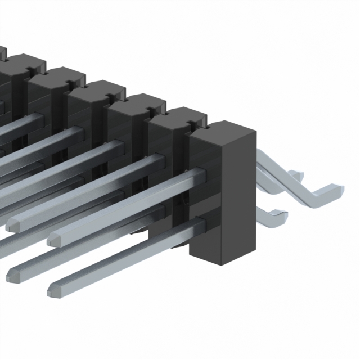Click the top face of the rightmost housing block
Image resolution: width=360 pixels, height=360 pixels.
[220, 128]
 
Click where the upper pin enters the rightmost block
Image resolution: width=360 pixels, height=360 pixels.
[197, 174]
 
